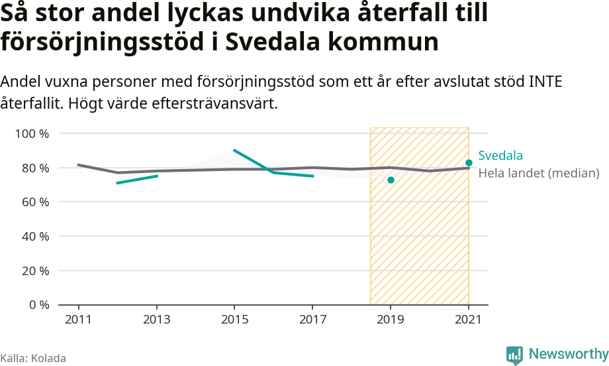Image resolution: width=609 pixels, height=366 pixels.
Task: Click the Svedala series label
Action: [500, 156]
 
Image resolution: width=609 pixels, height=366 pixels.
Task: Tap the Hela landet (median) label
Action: [538, 173]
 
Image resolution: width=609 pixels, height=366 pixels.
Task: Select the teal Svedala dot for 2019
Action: [391, 180]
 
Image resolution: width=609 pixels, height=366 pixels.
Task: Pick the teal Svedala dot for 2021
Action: [469, 162]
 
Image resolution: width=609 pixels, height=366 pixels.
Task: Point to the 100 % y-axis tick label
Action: [32, 133]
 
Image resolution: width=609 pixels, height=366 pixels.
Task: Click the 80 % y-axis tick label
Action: [34, 168]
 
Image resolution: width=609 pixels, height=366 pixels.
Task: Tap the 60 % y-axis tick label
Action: [34, 202]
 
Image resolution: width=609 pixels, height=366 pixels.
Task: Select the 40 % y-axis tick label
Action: [34, 236]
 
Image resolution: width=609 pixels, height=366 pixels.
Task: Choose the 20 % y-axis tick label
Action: [34, 271]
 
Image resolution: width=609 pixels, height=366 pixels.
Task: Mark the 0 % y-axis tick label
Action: [38, 305]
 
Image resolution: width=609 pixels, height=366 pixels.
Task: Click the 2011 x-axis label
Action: [79, 319]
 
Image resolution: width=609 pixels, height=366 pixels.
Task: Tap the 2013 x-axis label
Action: [157, 319]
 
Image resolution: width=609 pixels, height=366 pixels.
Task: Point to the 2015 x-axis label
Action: [234, 319]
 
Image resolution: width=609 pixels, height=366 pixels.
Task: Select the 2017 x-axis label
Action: [312, 319]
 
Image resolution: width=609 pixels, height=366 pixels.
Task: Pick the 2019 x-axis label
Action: [391, 319]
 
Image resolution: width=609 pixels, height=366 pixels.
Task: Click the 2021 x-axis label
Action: [469, 319]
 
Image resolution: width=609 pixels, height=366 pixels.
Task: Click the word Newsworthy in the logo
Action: [567, 353]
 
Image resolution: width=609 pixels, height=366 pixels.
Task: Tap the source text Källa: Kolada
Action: [33, 358]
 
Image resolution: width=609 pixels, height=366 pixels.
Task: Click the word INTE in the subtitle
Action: [544, 82]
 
